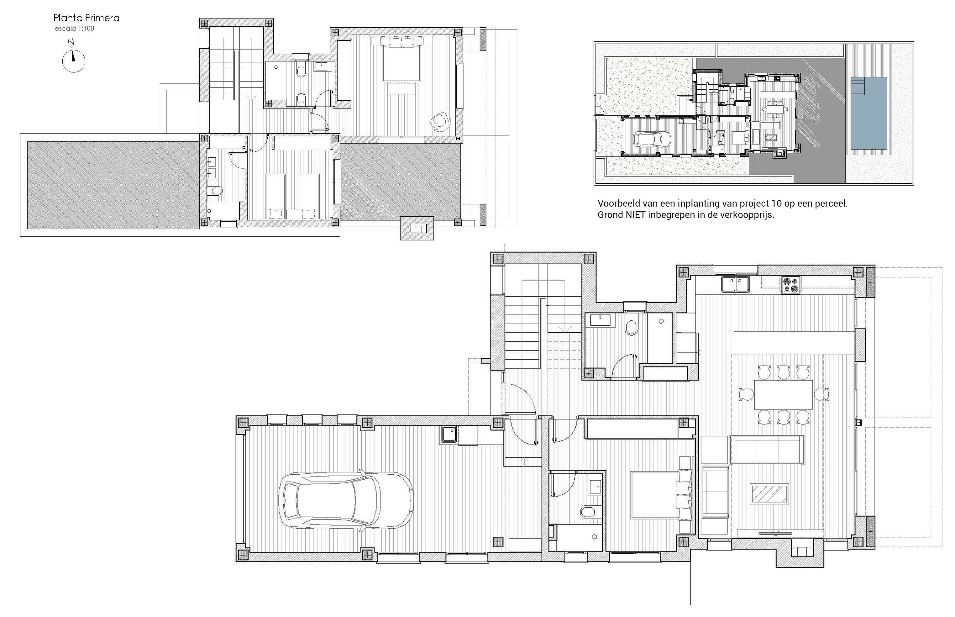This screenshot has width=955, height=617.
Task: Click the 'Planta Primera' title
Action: click(87, 18)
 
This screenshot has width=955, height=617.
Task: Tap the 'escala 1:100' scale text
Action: click(75, 29)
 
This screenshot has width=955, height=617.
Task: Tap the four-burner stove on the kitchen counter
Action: click(790, 285)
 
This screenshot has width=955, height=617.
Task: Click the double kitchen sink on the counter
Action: click(736, 284)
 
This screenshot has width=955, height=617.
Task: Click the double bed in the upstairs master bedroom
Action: click(401, 59)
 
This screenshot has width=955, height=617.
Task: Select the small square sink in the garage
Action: click(449, 434)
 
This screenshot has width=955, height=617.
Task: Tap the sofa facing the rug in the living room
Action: click(767, 449)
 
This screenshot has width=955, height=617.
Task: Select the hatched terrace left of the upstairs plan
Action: click(113, 185)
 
